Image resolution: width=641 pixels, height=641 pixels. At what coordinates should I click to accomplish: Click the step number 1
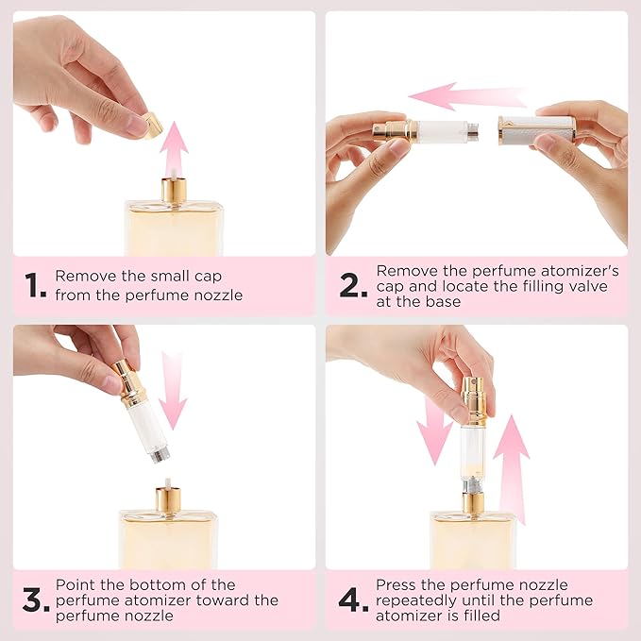pos(35,285)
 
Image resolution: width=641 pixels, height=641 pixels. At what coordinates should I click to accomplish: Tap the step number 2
pos(353,285)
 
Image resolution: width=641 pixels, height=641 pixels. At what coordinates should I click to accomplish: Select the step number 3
pos(35,601)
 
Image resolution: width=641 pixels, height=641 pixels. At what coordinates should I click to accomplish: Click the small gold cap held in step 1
pos(151,124)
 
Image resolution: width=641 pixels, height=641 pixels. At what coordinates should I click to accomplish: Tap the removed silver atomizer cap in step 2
pos(536,129)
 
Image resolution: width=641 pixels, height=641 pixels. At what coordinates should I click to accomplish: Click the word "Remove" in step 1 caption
pos(83,277)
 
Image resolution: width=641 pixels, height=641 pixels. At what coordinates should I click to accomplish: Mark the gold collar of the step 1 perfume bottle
pos(173,189)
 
